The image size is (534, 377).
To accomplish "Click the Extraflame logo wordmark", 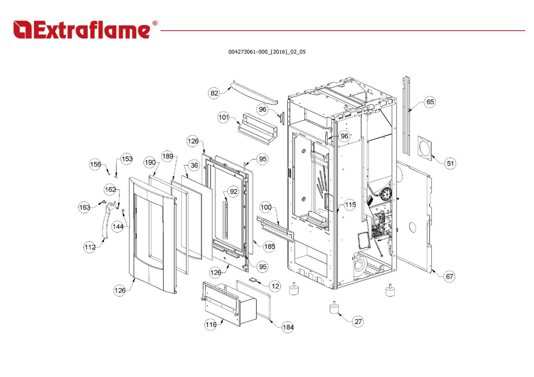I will (85, 30).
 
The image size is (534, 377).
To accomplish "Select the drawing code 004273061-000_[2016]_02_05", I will (267, 52).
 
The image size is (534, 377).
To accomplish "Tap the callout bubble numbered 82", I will (214, 93).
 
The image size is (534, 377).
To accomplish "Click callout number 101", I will (224, 117).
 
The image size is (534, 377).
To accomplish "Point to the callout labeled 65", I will (430, 102).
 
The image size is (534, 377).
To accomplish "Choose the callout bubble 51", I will (450, 164).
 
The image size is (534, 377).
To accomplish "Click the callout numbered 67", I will (449, 276).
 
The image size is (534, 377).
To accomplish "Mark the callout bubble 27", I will (358, 322).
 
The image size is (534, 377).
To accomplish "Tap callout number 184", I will (288, 327).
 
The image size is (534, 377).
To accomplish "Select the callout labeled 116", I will (211, 324).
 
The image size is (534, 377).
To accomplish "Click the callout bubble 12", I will (275, 286).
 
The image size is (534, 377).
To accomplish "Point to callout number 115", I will (350, 205).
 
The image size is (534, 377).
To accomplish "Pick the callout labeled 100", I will (266, 207).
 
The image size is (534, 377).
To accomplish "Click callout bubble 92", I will (234, 192).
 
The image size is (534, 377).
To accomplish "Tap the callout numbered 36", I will (194, 165).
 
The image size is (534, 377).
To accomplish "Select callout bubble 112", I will (90, 247).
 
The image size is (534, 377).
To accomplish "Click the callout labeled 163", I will (84, 207).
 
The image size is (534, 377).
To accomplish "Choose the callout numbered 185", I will (269, 246).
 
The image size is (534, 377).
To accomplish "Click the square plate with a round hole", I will (425, 148).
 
